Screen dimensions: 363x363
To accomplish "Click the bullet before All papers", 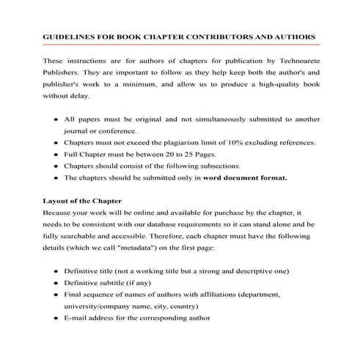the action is tap(57, 119).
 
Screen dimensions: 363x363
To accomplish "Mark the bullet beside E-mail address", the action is tap(57, 318).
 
